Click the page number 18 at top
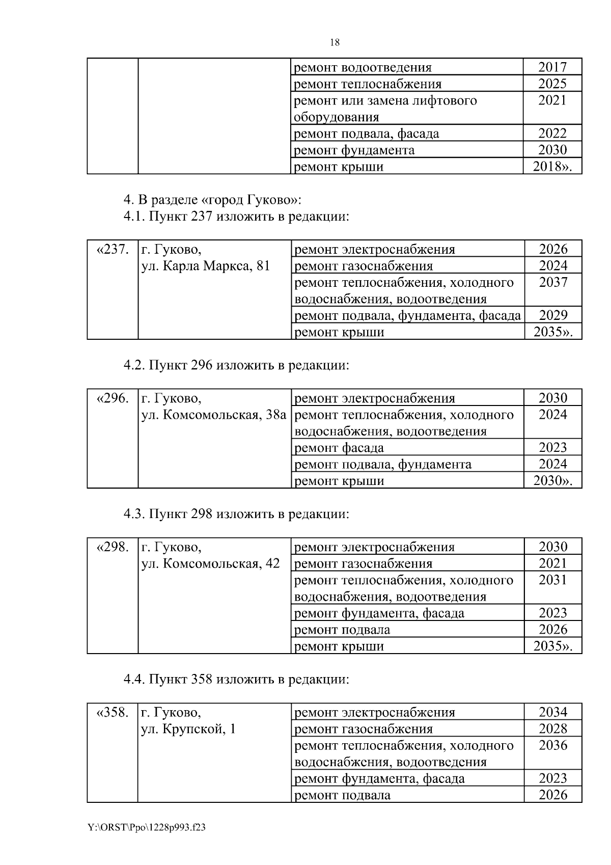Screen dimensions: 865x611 (x=335, y=43)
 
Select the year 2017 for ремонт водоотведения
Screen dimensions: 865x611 (x=552, y=67)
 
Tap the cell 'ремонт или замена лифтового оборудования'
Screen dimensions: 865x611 (x=385, y=109)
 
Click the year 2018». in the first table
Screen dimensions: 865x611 (x=552, y=167)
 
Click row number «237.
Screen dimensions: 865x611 (x=112, y=250)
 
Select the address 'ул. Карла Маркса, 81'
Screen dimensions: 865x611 (x=205, y=266)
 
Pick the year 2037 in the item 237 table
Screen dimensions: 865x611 (x=553, y=282)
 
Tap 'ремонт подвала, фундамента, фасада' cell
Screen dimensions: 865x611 (x=407, y=316)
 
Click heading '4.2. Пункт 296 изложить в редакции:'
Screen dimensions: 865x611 (x=236, y=365)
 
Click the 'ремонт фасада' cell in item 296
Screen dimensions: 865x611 (x=340, y=448)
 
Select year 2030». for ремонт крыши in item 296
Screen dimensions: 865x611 (x=552, y=481)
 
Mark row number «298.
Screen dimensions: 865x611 (x=112, y=548)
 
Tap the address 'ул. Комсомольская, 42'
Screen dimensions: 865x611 (x=210, y=564)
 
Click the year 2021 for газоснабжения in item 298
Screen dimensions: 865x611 (x=553, y=563)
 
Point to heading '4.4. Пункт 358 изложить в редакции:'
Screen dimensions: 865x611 (x=236, y=680)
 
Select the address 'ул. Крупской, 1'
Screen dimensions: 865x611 (x=188, y=729)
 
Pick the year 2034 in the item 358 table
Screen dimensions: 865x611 (x=553, y=712)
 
